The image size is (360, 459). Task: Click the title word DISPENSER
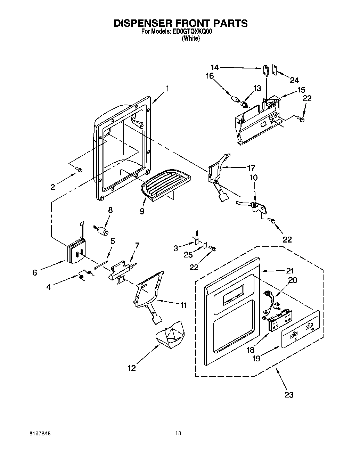coord(146,23)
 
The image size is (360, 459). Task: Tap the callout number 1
coord(167,89)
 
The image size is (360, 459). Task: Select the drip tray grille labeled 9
coord(166,184)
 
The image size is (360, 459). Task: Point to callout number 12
coord(132,368)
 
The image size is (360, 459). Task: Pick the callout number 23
coord(289,394)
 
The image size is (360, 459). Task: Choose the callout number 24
coord(294,80)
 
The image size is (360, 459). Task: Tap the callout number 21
coord(290,271)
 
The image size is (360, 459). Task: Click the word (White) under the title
coord(191,39)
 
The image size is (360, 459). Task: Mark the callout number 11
coord(183,306)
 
